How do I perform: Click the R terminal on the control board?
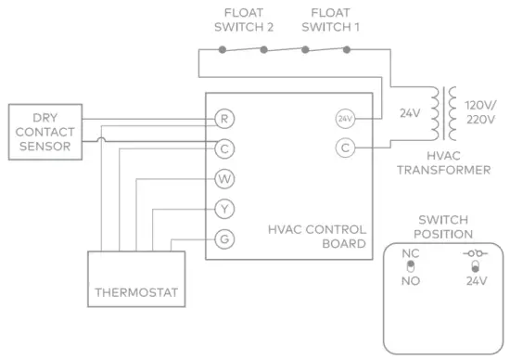click(x=223, y=118)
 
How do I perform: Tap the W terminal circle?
click(x=223, y=178)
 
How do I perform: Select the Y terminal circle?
click(x=223, y=208)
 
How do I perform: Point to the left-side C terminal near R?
click(x=223, y=148)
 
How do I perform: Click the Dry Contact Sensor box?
click(x=44, y=132)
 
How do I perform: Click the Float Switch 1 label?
click(x=329, y=19)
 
